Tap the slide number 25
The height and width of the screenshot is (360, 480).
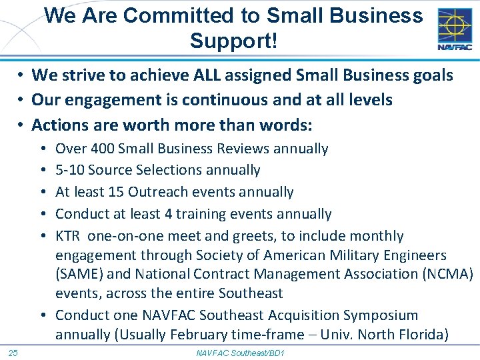click(13, 352)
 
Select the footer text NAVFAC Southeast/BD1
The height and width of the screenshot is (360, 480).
click(240, 352)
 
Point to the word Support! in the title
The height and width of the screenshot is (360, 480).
click(233, 41)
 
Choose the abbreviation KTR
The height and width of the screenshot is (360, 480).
click(69, 236)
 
